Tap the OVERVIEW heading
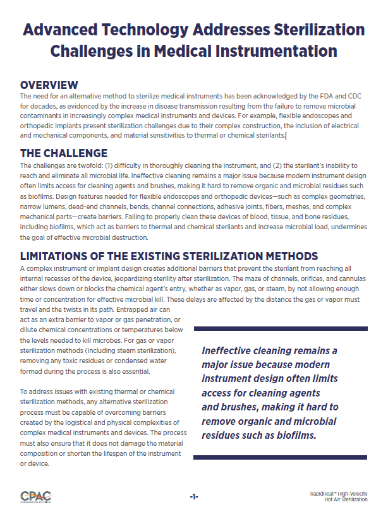point(49,85)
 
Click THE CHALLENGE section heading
point(64,153)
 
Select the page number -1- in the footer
point(193,497)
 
